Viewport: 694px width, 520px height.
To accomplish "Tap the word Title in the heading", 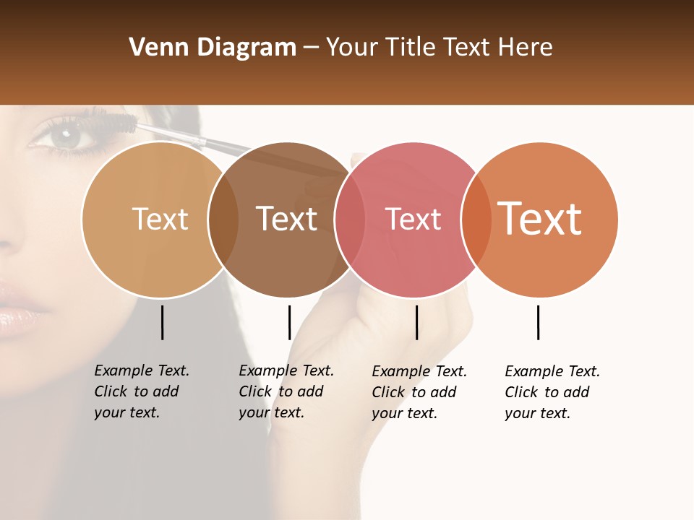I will (411, 48).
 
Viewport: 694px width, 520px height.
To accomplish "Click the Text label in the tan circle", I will (160, 219).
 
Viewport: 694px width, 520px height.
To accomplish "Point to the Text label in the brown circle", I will (287, 219).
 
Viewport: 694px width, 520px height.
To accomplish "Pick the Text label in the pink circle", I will (414, 219).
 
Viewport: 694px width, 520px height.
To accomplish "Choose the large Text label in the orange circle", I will (540, 218).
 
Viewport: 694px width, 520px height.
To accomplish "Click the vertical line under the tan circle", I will (162, 322).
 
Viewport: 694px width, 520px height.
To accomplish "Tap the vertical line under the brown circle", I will (289, 322).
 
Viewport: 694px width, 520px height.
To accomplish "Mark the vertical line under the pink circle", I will (416, 322).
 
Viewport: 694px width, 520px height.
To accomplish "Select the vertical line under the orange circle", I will (538, 322).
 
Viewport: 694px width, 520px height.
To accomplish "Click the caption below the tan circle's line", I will (142, 391).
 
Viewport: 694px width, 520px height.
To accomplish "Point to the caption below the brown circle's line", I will (286, 391).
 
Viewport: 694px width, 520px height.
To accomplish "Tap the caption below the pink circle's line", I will (419, 392).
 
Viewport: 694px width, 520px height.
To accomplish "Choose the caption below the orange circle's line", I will (552, 392).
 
